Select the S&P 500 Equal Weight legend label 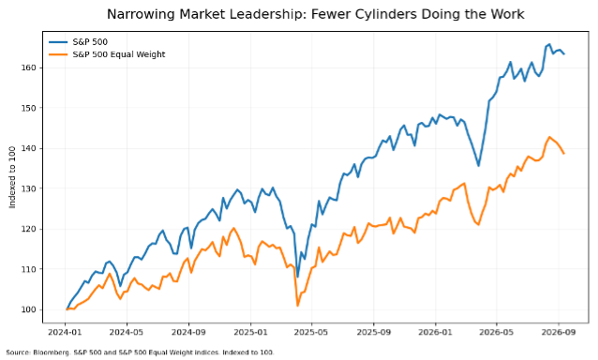point(119,54)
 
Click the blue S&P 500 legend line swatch point(58,42)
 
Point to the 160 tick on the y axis point(29,67)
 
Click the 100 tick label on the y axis point(29,309)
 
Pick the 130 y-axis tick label point(29,188)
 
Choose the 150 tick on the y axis point(29,108)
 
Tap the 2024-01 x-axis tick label point(65,332)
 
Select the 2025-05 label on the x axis point(311,332)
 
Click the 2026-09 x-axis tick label point(559,332)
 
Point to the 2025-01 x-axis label point(250,332)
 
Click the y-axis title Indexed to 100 point(12,177)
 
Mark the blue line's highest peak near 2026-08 point(549,44)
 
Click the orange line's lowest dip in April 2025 point(297,306)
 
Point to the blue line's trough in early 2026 point(479,166)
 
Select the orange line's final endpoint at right point(564,154)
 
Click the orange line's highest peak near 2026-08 point(549,137)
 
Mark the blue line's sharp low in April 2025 point(297,277)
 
